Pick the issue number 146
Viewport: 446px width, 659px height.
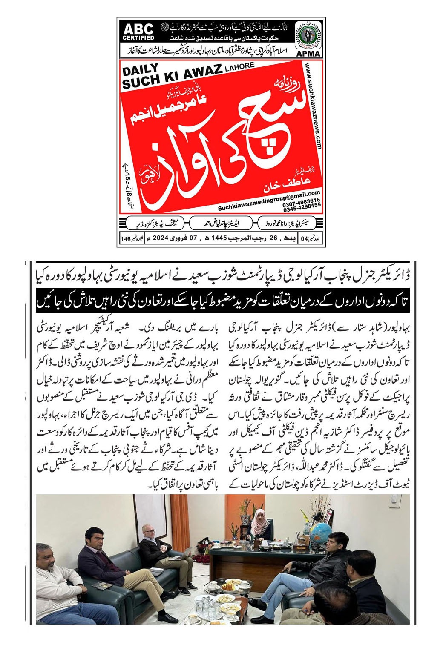126,238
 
